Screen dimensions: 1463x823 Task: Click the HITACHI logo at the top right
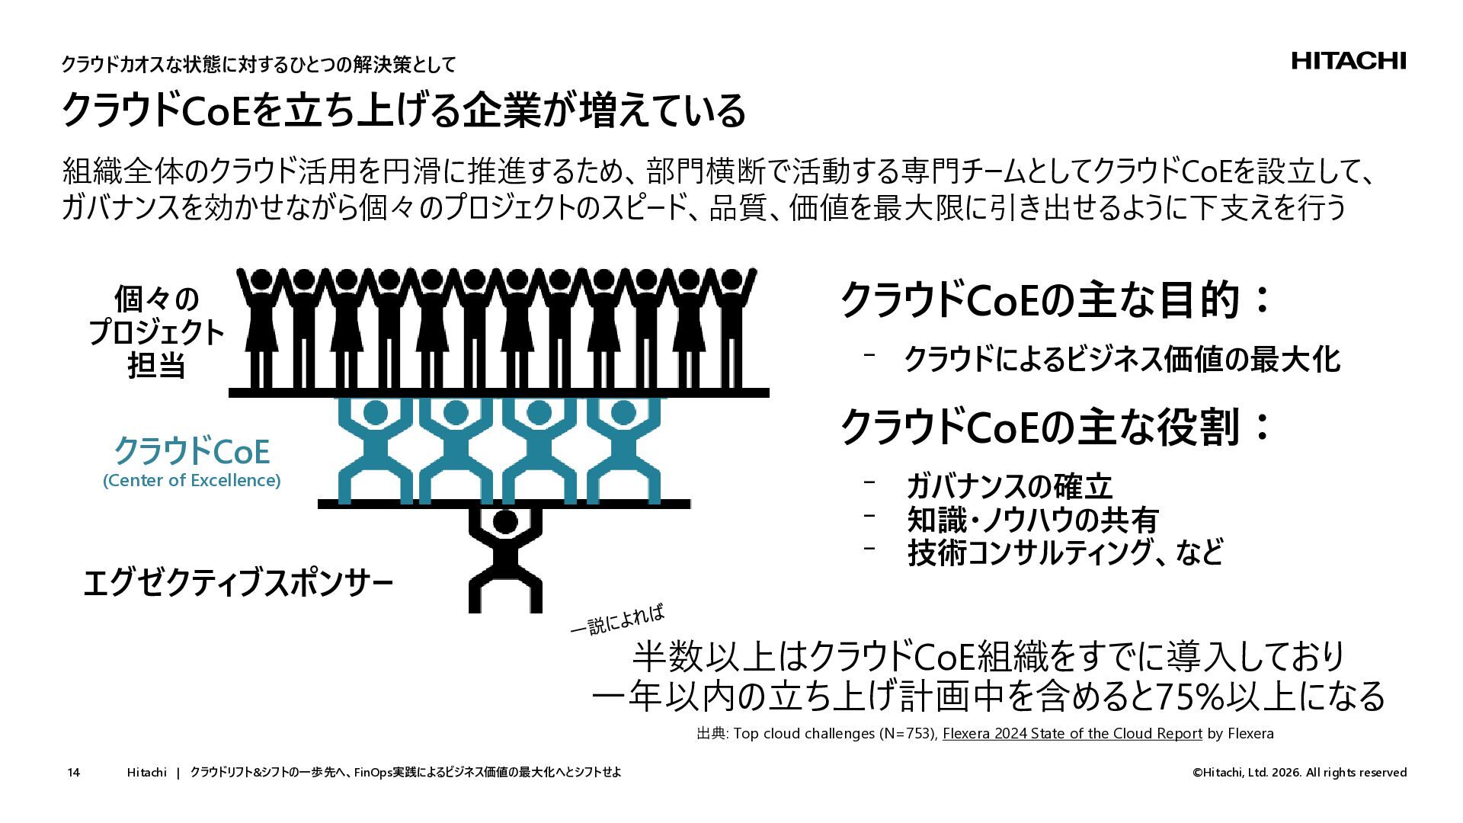click(1348, 62)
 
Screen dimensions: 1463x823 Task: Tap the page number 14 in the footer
click(73, 773)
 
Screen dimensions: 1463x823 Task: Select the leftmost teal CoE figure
click(375, 450)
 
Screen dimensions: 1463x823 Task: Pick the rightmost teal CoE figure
click(623, 450)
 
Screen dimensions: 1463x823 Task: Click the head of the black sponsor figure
click(505, 522)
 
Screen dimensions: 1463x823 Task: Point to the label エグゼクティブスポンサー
click(237, 584)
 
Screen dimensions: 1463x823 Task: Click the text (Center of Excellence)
click(191, 480)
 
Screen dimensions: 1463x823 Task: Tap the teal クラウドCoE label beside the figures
click(191, 451)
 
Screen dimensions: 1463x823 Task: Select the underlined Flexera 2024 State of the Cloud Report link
click(1072, 734)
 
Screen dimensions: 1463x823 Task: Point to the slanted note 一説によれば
click(618, 620)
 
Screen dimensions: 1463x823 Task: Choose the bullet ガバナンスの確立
click(1010, 485)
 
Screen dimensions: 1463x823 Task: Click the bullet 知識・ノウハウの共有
click(1032, 520)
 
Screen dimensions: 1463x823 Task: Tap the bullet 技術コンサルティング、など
click(1065, 552)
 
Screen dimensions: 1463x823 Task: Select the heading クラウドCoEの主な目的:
click(1055, 299)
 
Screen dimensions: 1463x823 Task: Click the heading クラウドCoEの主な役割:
click(1055, 427)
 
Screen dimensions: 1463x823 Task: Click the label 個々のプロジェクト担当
click(156, 332)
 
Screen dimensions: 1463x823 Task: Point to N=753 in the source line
click(906, 734)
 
